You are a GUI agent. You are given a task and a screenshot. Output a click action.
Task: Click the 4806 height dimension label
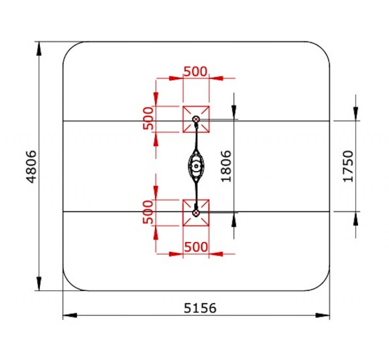pyautogui.click(x=32, y=166)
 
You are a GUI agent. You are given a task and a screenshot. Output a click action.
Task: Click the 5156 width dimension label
pyautogui.click(x=200, y=308)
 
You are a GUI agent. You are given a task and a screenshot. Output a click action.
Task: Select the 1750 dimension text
pyautogui.click(x=348, y=166)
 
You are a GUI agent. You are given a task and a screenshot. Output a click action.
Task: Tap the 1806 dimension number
pyautogui.click(x=226, y=166)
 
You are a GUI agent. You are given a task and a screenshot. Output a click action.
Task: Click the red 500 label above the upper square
pyautogui.click(x=195, y=72)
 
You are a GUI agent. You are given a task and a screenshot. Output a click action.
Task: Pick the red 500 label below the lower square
pyautogui.click(x=196, y=247)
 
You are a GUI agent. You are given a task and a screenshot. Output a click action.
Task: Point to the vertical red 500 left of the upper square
pyautogui.click(x=148, y=118)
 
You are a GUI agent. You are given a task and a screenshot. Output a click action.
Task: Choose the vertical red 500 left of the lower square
pyautogui.click(x=148, y=212)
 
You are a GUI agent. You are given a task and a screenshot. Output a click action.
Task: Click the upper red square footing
pyautogui.click(x=196, y=119)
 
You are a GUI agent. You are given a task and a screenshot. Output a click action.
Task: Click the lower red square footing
pyautogui.click(x=196, y=213)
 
